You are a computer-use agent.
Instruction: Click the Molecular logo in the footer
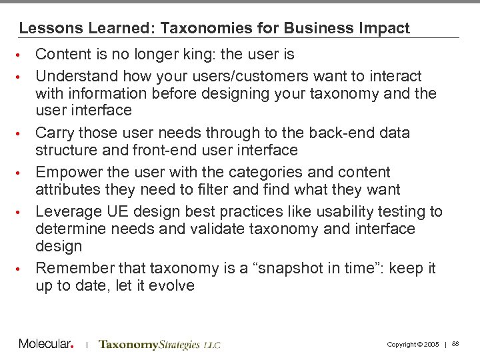pos(45,344)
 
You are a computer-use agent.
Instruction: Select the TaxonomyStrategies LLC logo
pos(159,345)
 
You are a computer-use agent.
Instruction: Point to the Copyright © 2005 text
pos(413,345)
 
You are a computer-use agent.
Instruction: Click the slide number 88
pos(455,344)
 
